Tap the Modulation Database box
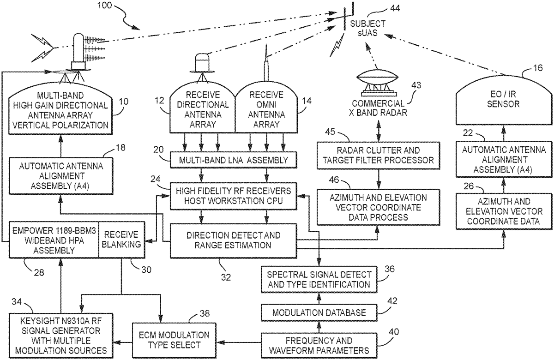(x=319, y=312)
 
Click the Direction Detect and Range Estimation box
(x=233, y=240)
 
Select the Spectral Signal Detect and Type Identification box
(x=319, y=278)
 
